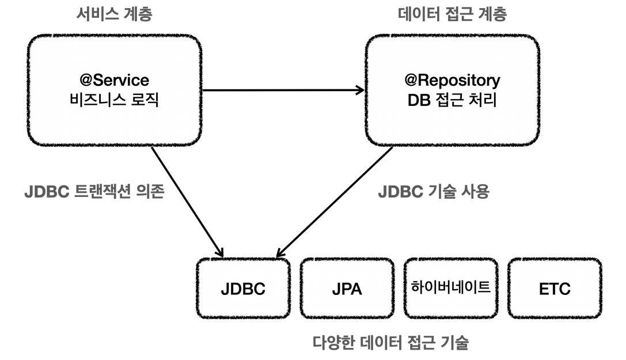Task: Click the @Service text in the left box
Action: (114, 79)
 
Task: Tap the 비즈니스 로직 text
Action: (114, 100)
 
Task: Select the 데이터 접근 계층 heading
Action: (453, 14)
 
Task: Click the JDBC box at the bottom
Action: (242, 289)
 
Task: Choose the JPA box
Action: (347, 289)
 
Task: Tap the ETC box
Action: (555, 289)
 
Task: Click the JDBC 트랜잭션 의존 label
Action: (94, 192)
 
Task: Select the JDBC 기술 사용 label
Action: (433, 192)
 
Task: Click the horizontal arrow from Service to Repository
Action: (282, 90)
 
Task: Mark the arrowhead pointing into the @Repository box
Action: (360, 90)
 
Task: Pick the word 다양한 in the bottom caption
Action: (333, 344)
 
